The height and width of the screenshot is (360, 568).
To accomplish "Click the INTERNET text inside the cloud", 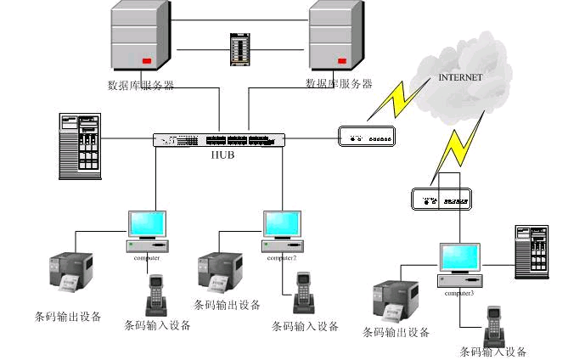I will [x=460, y=77].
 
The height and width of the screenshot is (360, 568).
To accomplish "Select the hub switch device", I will [x=220, y=140].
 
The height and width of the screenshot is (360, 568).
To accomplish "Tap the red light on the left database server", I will [x=146, y=61].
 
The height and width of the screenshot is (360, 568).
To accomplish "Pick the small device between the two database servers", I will [x=239, y=49].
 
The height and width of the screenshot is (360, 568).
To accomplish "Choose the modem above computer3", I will [x=439, y=200].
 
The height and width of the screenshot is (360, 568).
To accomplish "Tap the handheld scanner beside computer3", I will [x=492, y=326].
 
